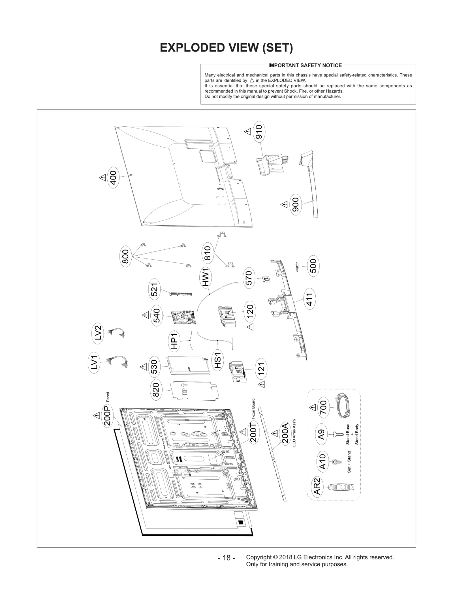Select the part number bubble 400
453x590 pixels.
(x=113, y=178)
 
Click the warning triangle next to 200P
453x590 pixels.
(x=96, y=415)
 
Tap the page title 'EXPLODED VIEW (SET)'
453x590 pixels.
(x=226, y=48)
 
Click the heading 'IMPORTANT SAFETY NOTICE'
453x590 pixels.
(x=305, y=65)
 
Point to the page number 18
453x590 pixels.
(x=226, y=558)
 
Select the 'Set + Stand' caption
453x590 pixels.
(x=349, y=462)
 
